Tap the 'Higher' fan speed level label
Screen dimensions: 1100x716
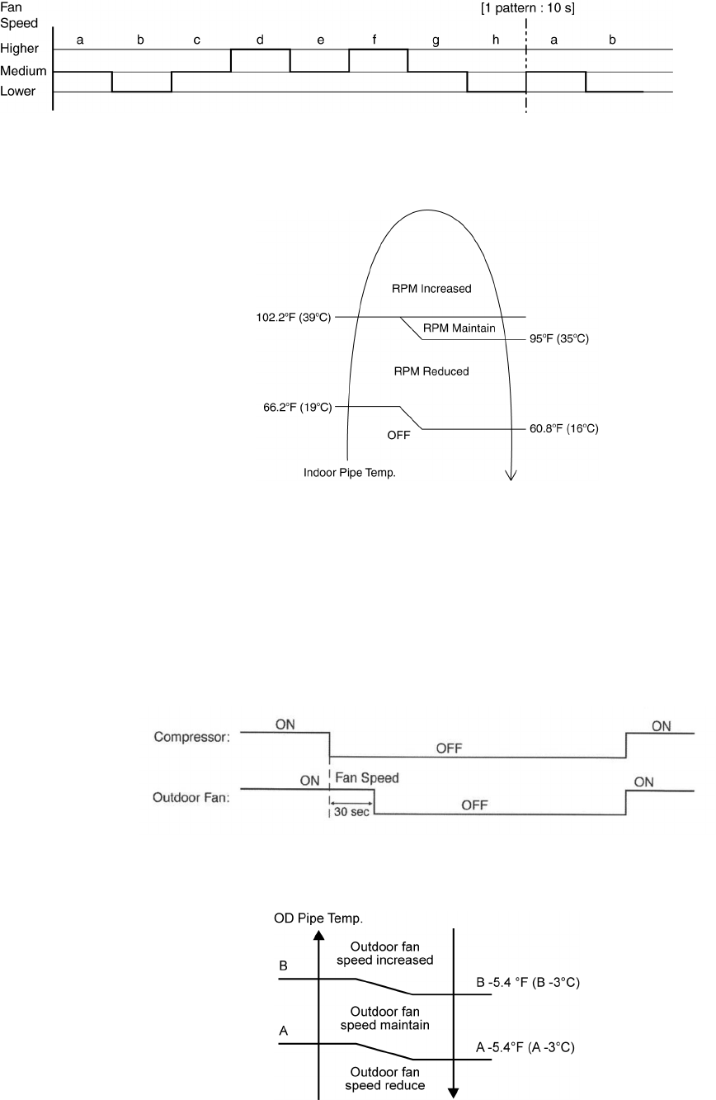(x=19, y=50)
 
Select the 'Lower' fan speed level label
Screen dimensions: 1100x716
(x=18, y=92)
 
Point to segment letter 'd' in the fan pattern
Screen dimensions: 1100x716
(x=259, y=40)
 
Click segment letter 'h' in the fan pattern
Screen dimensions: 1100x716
(x=496, y=40)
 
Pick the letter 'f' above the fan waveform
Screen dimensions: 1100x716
(x=378, y=40)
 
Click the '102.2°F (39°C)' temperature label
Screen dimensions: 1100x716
(x=294, y=317)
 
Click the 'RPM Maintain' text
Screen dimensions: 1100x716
(x=459, y=328)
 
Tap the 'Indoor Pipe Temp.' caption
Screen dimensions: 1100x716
(x=344, y=474)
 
